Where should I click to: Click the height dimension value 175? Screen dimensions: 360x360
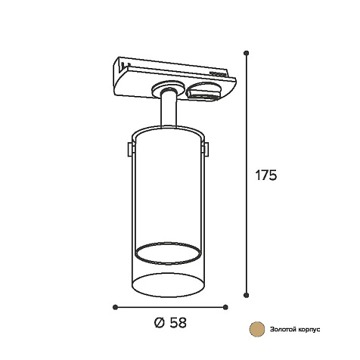266,175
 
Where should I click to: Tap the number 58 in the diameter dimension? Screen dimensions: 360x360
178,322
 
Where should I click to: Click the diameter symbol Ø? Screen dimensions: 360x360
160,322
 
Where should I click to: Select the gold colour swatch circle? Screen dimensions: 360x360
257,329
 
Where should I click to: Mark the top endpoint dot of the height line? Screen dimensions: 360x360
247,53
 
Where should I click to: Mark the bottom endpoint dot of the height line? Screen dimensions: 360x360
247,295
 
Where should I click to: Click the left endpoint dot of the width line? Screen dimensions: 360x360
115,307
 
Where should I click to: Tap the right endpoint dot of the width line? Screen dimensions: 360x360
225,307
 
